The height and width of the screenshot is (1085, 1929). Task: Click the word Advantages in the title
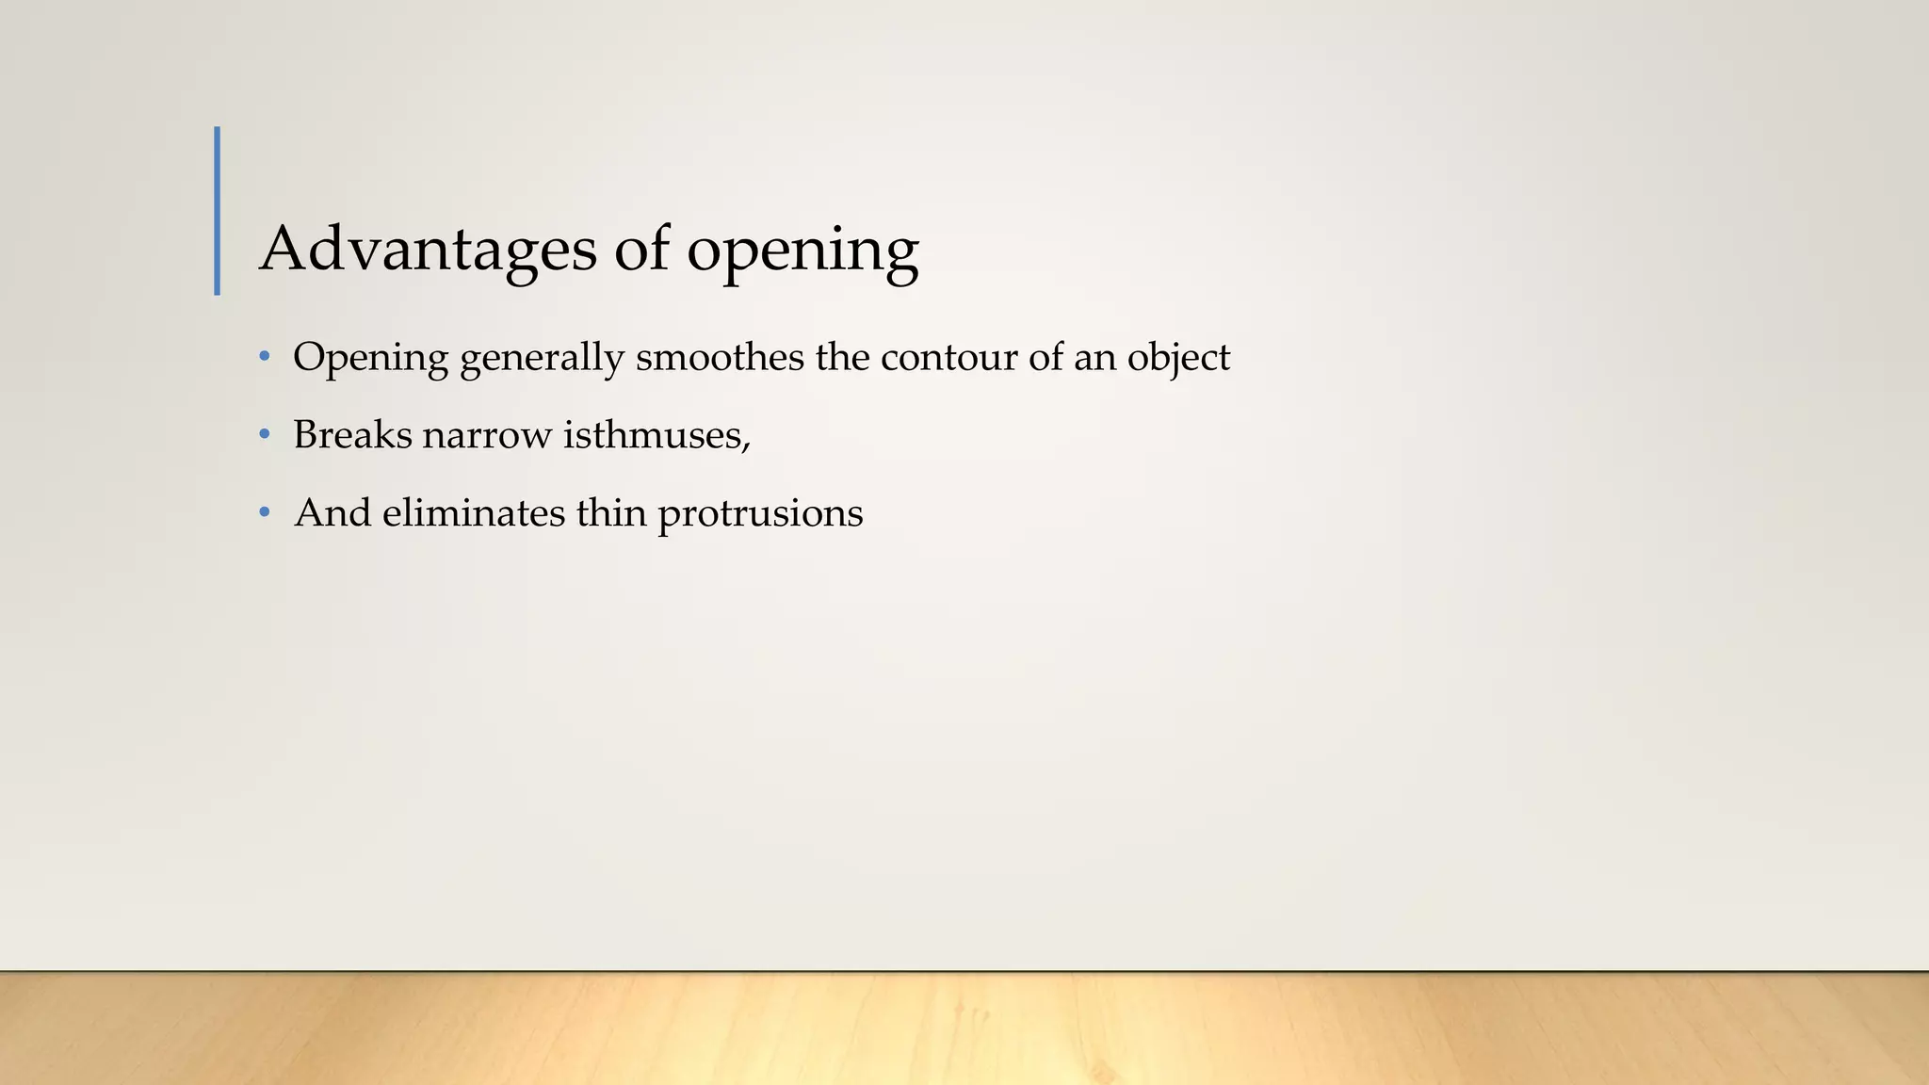(x=428, y=250)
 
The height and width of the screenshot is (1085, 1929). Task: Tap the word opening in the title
(x=802, y=251)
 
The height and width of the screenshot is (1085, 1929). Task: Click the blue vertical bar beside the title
(x=218, y=211)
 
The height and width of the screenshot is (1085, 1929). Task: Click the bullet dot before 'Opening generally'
(x=265, y=358)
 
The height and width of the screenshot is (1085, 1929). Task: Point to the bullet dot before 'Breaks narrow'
(x=265, y=435)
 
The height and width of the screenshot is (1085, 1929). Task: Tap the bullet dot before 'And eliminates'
(x=265, y=513)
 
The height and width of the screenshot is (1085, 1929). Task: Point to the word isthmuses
(x=653, y=435)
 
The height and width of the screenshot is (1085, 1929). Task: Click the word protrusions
(x=760, y=514)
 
